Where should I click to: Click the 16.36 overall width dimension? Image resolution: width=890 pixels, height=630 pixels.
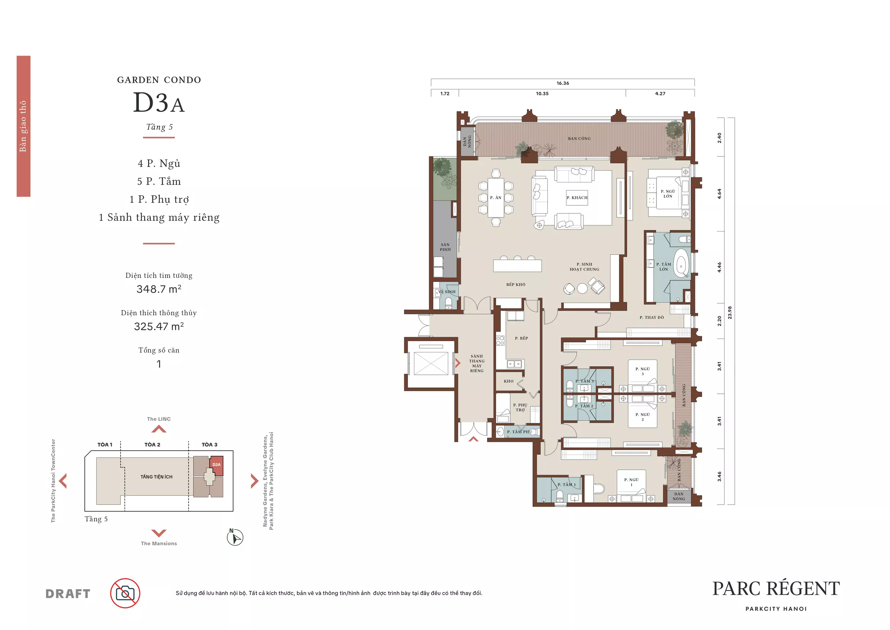pyautogui.click(x=562, y=83)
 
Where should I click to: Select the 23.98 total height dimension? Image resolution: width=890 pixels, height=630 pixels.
pyautogui.click(x=729, y=312)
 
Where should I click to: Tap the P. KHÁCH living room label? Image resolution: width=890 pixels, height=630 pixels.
pyautogui.click(x=577, y=197)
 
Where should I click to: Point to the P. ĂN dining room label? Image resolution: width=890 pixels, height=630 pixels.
pyautogui.click(x=496, y=197)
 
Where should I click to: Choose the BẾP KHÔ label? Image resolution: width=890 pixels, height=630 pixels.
pyautogui.click(x=515, y=284)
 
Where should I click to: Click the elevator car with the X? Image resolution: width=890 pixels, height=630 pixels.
pyautogui.click(x=431, y=363)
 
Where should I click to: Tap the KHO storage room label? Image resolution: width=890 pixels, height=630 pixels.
pyautogui.click(x=509, y=381)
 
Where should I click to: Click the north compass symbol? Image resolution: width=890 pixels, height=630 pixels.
pyautogui.click(x=235, y=537)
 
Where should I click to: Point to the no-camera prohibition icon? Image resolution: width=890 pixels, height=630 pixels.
pyautogui.click(x=125, y=593)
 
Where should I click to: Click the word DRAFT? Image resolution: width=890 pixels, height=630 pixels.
pyautogui.click(x=68, y=594)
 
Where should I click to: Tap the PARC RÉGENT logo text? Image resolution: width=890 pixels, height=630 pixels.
pyautogui.click(x=776, y=589)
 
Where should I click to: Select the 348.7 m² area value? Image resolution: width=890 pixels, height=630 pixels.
pyautogui.click(x=159, y=289)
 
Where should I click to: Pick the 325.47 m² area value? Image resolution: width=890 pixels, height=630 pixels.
pyautogui.click(x=159, y=326)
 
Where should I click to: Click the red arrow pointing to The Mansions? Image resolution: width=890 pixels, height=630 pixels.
pyautogui.click(x=159, y=533)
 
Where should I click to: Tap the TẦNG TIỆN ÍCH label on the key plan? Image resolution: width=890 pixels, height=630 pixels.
pyautogui.click(x=157, y=477)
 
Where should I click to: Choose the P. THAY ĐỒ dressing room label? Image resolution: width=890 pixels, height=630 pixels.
pyautogui.click(x=651, y=317)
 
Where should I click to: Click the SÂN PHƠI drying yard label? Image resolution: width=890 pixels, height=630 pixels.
pyautogui.click(x=445, y=247)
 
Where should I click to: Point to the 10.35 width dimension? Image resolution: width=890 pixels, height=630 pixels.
pyautogui.click(x=542, y=93)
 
